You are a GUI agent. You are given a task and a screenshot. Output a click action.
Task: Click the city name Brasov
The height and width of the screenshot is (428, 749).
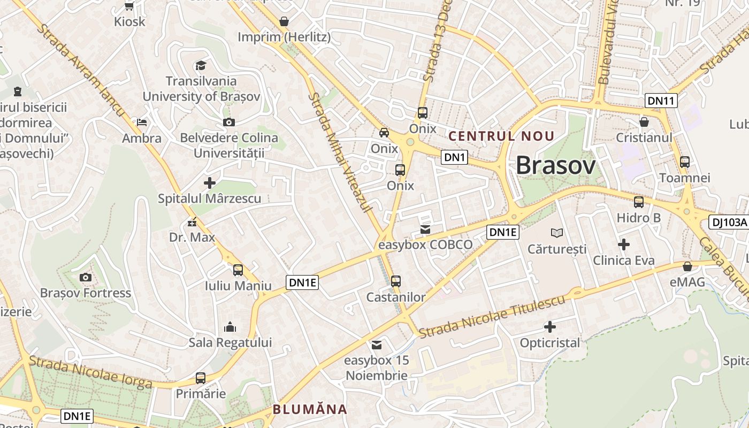pos(555,166)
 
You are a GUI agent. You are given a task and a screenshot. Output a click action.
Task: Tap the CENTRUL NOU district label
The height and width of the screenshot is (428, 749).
pos(501,136)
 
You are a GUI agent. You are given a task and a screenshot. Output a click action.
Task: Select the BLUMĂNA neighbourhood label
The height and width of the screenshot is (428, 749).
pos(310,410)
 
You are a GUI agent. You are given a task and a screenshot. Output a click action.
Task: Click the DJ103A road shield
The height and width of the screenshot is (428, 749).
pos(728,222)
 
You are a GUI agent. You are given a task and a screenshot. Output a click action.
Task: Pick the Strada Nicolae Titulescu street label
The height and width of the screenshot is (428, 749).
pos(492,317)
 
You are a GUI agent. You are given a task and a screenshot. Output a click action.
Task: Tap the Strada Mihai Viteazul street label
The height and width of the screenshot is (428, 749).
pos(341,152)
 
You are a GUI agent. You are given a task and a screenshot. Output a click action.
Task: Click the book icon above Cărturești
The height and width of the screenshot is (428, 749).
pos(557,233)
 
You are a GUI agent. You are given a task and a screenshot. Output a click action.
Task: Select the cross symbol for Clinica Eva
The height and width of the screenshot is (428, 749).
pos(623,244)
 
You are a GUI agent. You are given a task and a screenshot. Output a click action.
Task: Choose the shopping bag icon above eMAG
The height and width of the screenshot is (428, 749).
pos(687,266)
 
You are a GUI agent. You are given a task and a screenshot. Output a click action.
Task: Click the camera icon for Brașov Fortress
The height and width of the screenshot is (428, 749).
pos(85,277)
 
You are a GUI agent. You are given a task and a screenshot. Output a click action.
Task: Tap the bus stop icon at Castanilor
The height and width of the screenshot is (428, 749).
pos(396,281)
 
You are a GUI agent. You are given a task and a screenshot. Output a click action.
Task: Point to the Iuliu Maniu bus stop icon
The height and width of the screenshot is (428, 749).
pos(238,270)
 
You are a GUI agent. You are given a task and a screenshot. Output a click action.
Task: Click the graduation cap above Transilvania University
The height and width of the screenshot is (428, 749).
pos(201,65)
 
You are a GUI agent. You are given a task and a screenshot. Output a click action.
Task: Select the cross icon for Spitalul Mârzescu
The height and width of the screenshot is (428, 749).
pos(210,183)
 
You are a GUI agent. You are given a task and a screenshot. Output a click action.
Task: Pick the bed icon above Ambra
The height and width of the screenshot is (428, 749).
pos(142,123)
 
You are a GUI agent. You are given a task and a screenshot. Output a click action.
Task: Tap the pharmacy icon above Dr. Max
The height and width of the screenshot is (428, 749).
pos(192,222)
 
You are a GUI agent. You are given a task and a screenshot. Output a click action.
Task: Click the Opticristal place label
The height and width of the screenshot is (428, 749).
pos(550,343)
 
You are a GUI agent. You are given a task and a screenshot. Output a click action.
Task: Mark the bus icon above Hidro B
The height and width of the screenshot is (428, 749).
pos(639,202)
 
